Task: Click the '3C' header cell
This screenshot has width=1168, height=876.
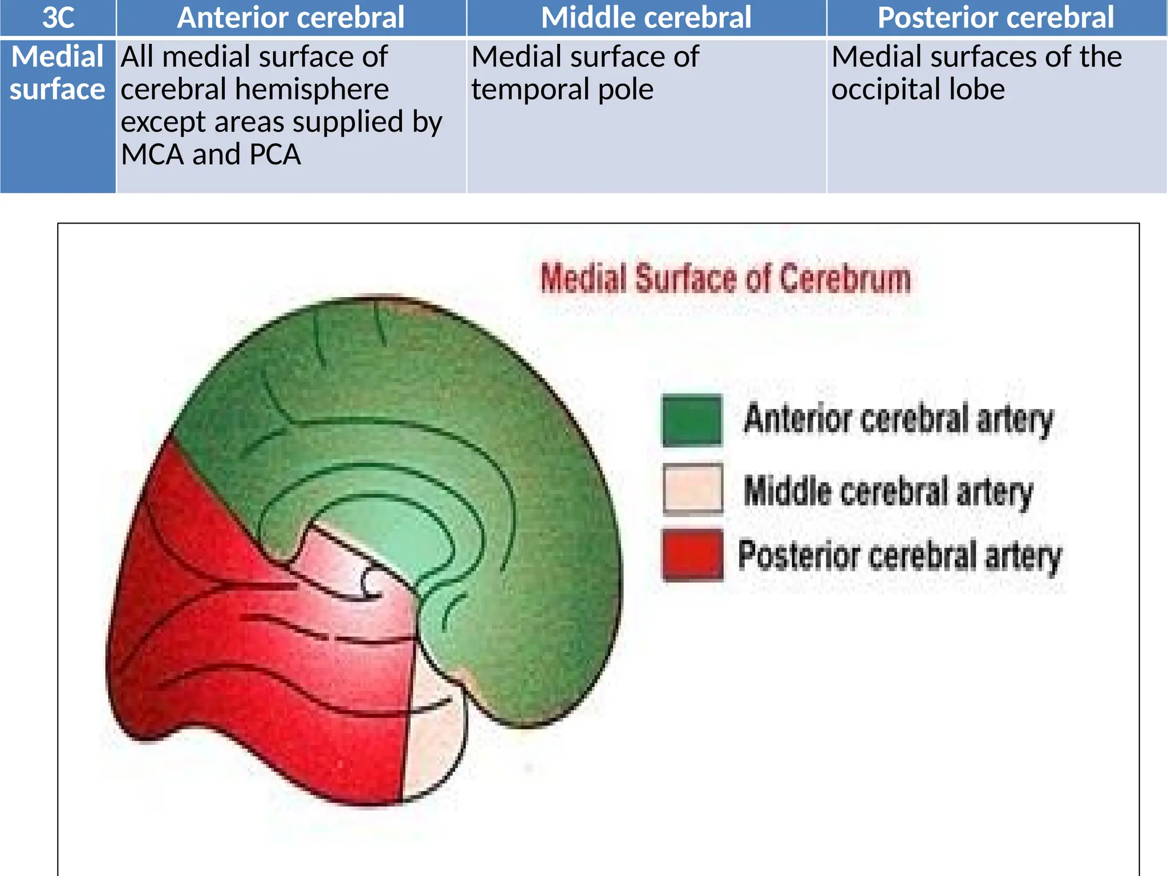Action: coord(58,18)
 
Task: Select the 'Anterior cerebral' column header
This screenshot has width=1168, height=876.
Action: coord(291,18)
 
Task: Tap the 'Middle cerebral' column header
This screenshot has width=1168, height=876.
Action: coord(646,18)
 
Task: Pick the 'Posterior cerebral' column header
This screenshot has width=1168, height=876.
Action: coord(996,18)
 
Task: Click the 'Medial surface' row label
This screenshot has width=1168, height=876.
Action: coord(58,73)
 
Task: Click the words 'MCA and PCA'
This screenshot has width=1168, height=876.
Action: coord(210,155)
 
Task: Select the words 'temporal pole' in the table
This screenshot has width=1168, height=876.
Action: coord(562,90)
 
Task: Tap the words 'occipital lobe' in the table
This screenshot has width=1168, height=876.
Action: coord(918,90)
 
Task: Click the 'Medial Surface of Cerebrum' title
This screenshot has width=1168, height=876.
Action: coord(725,279)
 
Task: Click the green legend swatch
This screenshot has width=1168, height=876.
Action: coord(692,420)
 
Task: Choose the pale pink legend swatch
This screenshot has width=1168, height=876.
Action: coord(692,489)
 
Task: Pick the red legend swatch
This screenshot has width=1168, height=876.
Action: coord(692,555)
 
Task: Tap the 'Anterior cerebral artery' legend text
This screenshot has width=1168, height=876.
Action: coord(899,419)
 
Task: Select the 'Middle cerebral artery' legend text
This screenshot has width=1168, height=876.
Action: coord(888,491)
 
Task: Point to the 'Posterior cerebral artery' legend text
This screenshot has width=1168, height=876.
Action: coord(899,555)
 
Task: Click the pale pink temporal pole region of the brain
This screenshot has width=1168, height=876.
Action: coord(433,741)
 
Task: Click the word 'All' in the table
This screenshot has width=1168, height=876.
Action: coord(137,57)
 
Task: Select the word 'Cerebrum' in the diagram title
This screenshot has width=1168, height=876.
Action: coord(845,279)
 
